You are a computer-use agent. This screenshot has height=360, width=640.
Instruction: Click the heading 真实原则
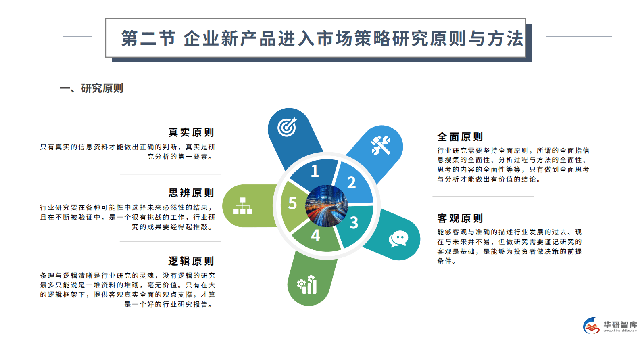(191, 132)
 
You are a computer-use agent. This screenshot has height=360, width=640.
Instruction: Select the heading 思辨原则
(191, 193)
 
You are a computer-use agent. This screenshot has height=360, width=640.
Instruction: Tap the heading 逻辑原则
(191, 261)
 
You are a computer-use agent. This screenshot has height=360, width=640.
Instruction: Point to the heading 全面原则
(460, 137)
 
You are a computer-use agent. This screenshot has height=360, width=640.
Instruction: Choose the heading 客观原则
(460, 218)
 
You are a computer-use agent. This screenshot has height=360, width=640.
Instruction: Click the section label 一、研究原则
(92, 88)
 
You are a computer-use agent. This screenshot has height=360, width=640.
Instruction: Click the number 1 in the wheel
(315, 171)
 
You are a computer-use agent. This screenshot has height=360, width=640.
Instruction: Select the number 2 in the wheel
(351, 183)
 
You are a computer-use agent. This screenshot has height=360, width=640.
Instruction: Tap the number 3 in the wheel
(354, 222)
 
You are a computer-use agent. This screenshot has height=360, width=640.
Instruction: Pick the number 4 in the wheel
(315, 235)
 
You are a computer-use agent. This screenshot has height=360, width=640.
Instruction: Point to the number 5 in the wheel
(292, 203)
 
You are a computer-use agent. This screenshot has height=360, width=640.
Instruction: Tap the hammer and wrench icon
(381, 145)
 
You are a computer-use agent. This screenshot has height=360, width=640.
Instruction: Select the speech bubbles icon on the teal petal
(398, 239)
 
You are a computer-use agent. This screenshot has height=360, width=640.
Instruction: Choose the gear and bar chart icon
(307, 285)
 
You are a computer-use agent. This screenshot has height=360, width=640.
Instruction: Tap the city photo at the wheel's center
(327, 206)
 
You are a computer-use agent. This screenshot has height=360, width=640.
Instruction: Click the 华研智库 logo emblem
(592, 326)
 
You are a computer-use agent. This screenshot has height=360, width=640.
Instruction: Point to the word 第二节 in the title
(148, 39)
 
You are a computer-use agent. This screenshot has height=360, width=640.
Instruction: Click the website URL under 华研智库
(620, 331)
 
